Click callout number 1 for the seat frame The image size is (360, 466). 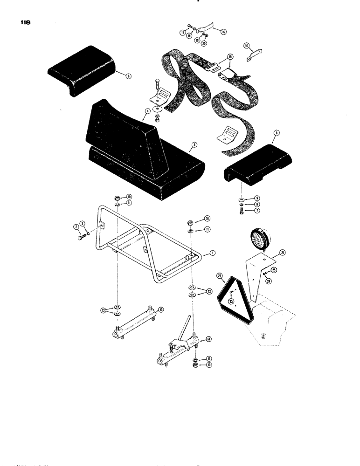pos(212,252)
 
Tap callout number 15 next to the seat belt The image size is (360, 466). pos(229,56)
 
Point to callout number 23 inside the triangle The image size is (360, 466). pos(231,301)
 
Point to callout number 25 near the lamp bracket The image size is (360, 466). pos(274,270)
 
